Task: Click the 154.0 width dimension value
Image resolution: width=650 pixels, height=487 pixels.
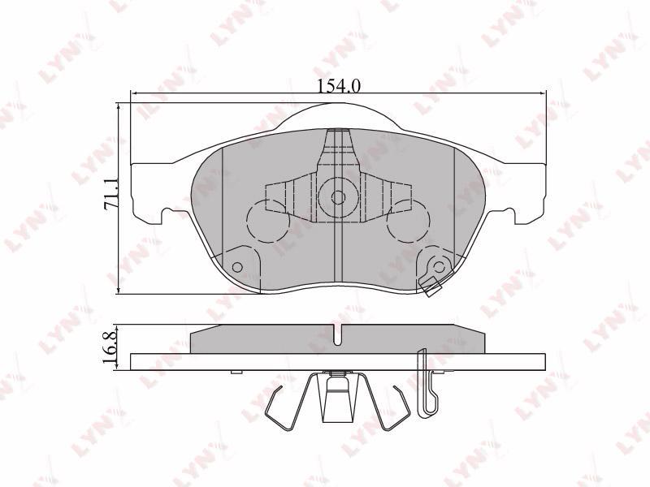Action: [339, 86]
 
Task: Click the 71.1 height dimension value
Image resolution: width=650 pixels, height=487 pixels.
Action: [111, 193]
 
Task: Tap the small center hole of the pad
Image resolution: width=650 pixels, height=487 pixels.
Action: [338, 197]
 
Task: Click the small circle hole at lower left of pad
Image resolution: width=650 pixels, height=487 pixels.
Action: [237, 267]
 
